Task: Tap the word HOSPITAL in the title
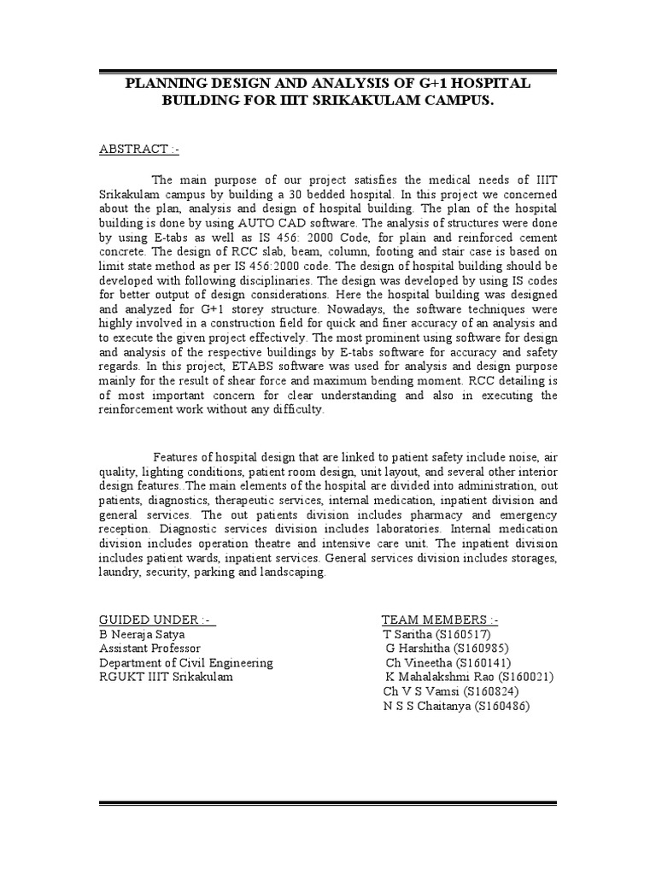tap(487, 83)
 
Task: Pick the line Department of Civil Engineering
tap(186, 662)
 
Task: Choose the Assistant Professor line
tap(150, 649)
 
